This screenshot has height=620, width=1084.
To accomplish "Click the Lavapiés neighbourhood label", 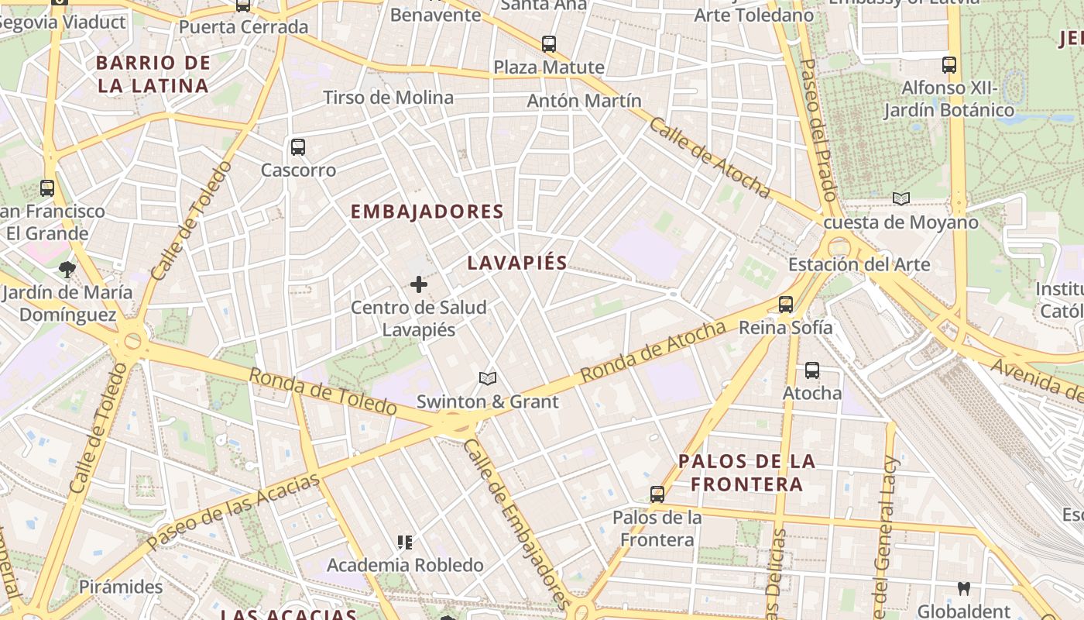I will tap(517, 263).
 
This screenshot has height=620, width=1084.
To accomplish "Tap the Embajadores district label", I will tap(427, 212).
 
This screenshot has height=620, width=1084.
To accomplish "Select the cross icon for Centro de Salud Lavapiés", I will tap(419, 284).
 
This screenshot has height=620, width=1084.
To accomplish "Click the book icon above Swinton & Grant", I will tap(487, 378).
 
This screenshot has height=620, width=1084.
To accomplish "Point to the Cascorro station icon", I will tap(298, 147).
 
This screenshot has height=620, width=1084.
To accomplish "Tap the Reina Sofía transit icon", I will tap(786, 305).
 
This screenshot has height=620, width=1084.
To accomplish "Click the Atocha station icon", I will tap(811, 370).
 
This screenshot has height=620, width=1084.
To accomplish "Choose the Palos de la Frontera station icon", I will tap(657, 494).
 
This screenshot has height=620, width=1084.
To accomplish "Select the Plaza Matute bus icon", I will tap(549, 44).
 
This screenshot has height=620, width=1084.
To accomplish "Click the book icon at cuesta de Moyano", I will tap(900, 199).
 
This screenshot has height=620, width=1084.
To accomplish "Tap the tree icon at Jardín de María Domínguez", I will tap(67, 270).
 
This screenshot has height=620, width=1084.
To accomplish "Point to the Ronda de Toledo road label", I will tap(324, 391).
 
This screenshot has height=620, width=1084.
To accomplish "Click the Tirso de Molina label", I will tap(388, 98).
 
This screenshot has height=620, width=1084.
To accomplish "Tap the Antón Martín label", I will tap(584, 101).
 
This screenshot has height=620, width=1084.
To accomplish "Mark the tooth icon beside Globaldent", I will tap(964, 588).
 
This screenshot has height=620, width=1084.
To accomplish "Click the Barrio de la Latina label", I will tap(153, 74).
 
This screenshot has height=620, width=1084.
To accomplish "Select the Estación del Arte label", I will tap(859, 264).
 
